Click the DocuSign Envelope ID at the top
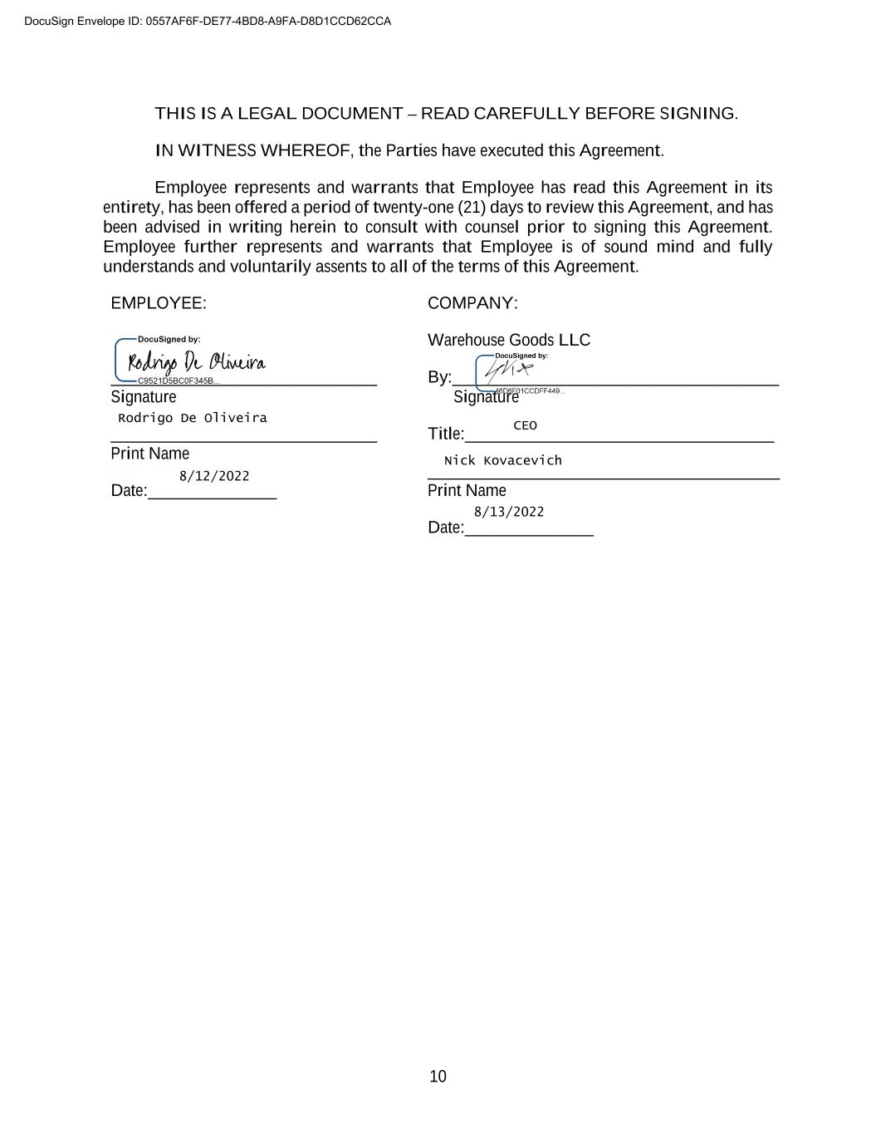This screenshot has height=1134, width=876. [208, 21]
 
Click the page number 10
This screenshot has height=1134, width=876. [438, 1077]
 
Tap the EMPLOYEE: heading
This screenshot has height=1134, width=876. [159, 303]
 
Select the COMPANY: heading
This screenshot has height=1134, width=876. [472, 303]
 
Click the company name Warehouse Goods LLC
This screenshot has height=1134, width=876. [509, 340]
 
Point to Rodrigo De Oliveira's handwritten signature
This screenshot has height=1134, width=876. [196, 362]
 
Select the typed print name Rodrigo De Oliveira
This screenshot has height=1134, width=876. [193, 418]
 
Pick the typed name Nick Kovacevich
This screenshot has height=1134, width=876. [503, 460]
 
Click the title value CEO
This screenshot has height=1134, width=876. [525, 425]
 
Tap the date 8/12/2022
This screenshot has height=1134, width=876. [214, 476]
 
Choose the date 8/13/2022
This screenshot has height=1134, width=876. [509, 512]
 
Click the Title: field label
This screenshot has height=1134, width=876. [446, 434]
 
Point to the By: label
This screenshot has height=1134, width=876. [439, 377]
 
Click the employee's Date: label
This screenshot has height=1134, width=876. [129, 491]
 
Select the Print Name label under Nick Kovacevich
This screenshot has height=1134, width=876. [467, 490]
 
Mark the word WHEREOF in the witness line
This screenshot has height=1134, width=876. [305, 150]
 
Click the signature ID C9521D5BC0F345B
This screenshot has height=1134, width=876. [178, 381]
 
